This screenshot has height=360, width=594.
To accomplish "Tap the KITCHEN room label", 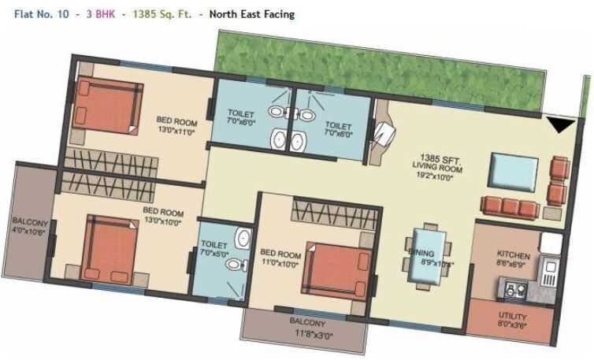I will click(513, 256).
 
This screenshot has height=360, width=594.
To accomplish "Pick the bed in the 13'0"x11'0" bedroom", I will click(103, 108).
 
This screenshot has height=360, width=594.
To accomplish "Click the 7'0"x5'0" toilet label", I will click(213, 250).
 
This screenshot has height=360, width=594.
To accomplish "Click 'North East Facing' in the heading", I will click(251, 13).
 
